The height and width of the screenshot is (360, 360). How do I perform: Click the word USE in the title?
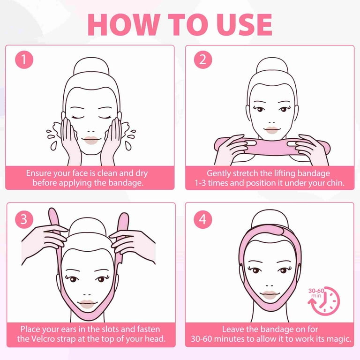244,24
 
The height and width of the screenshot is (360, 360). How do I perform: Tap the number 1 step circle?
24,60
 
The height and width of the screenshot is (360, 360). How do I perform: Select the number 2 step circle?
203,60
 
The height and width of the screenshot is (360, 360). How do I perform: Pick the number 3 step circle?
24,219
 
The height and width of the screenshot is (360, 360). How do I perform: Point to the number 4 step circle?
203,219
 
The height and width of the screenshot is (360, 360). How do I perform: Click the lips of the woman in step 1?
91,140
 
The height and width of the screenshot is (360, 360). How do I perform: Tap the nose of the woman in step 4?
270,286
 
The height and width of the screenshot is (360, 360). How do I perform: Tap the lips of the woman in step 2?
271,130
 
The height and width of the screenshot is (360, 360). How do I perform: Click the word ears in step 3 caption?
68,329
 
